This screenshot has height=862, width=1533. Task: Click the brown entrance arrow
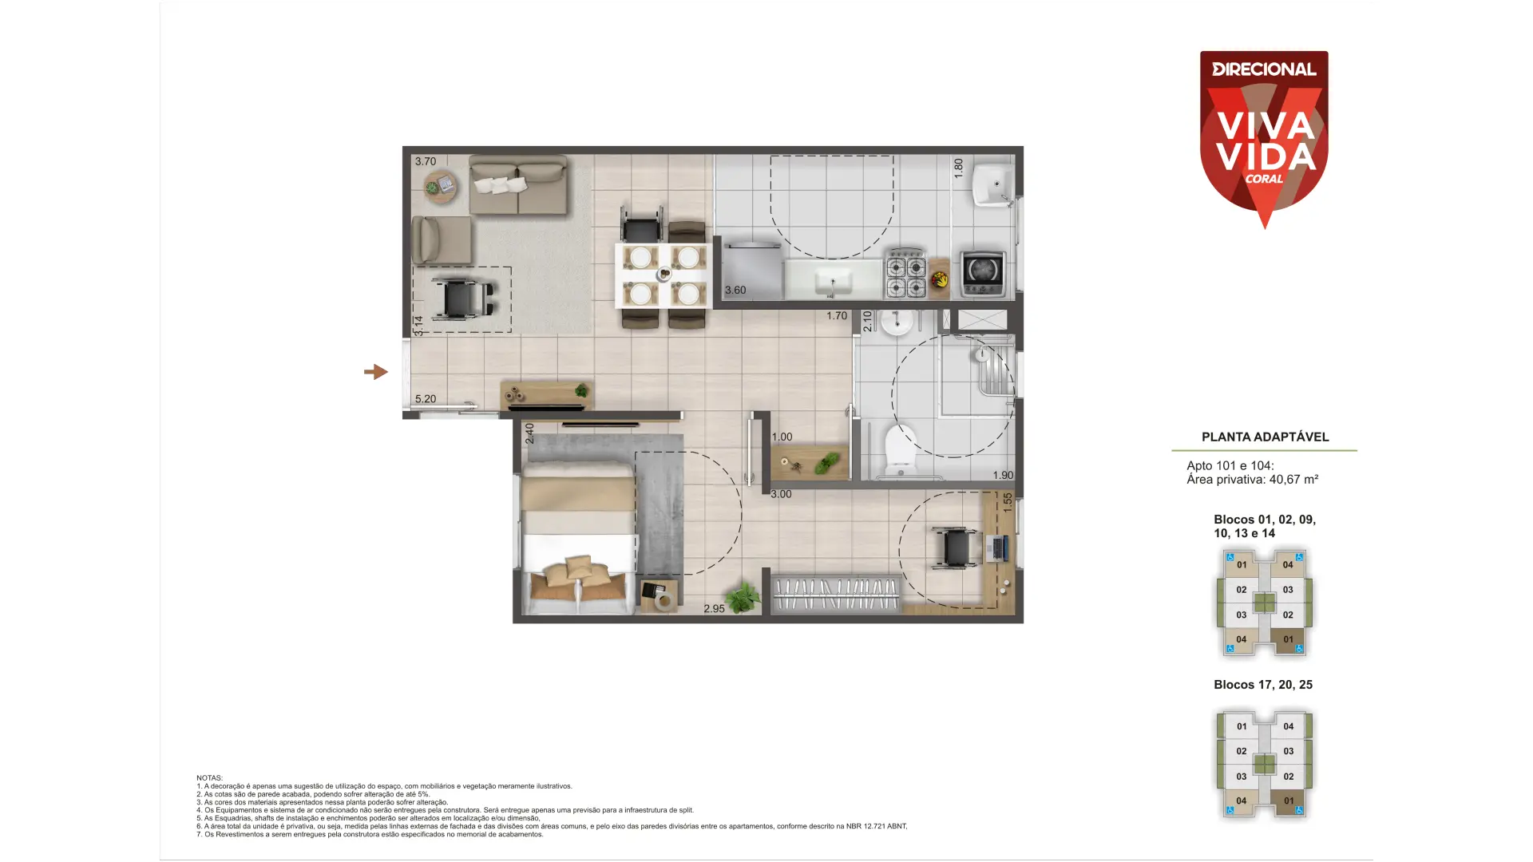(375, 372)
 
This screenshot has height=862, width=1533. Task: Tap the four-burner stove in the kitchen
(906, 275)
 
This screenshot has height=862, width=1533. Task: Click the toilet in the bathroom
(901, 451)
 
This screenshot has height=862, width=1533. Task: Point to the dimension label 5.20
(426, 399)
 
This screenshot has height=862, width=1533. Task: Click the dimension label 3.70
(426, 161)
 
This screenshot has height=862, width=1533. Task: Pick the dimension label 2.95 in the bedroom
(714, 608)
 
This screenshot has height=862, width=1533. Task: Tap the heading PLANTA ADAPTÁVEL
(1265, 437)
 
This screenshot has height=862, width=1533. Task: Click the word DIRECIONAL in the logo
(1264, 69)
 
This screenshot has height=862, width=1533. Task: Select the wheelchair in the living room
(461, 298)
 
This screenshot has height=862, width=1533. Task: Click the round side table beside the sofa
(441, 187)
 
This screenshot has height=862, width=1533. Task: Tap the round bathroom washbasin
(897, 321)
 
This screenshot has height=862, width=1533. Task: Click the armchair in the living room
(441, 239)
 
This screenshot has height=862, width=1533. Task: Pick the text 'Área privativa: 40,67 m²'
(1252, 480)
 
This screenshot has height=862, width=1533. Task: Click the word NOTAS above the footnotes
(209, 777)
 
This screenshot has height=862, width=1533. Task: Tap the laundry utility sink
(991, 185)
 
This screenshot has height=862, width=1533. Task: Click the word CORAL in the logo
(1264, 179)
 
